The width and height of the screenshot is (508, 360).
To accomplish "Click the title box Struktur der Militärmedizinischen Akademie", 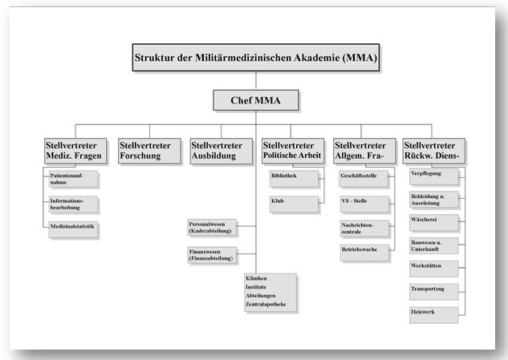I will [254, 58].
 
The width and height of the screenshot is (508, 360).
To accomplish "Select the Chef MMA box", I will [254, 100].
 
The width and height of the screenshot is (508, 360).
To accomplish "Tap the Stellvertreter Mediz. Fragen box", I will [76, 150].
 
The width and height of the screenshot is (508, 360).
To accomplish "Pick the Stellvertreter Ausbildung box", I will [219, 150].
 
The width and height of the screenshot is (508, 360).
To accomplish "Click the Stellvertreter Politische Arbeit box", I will [292, 150].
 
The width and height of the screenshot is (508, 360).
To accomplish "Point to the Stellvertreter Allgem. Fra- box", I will [364, 150].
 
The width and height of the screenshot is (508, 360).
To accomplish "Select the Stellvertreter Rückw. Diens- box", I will [434, 150].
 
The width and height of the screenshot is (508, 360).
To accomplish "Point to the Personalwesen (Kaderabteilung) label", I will [211, 228].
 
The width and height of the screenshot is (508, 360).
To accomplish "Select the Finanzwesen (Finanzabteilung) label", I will [211, 255].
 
